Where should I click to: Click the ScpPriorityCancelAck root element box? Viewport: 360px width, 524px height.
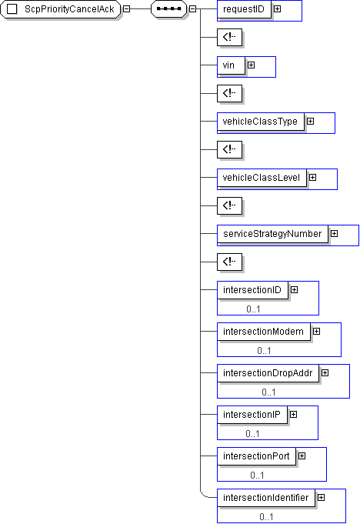61,9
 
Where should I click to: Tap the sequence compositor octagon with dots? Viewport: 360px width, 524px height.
168,9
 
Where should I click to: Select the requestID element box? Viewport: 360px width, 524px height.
244,9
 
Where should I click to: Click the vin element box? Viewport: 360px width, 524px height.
231,65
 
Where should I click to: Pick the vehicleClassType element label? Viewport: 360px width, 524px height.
260,122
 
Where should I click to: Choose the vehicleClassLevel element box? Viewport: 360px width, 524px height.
262,178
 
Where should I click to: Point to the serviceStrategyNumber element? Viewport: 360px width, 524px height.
272,234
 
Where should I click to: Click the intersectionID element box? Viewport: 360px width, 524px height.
252,290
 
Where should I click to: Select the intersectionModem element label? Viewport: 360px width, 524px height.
263,331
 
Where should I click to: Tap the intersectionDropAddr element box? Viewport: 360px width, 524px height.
268,372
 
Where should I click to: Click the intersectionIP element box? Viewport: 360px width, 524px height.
252,415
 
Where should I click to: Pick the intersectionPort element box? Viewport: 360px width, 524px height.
256,456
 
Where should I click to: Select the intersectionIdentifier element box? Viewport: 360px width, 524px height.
266,497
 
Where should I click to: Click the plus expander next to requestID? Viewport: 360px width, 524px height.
277,9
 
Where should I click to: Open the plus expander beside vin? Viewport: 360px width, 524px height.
251,65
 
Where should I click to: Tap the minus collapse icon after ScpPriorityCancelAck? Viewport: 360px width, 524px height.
127,9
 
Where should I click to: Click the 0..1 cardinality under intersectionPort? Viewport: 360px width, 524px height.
257,475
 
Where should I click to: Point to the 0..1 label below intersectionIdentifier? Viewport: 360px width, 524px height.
266,516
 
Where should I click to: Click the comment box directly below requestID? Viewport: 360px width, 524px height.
229,37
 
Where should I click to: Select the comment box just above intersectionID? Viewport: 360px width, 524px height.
229,262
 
